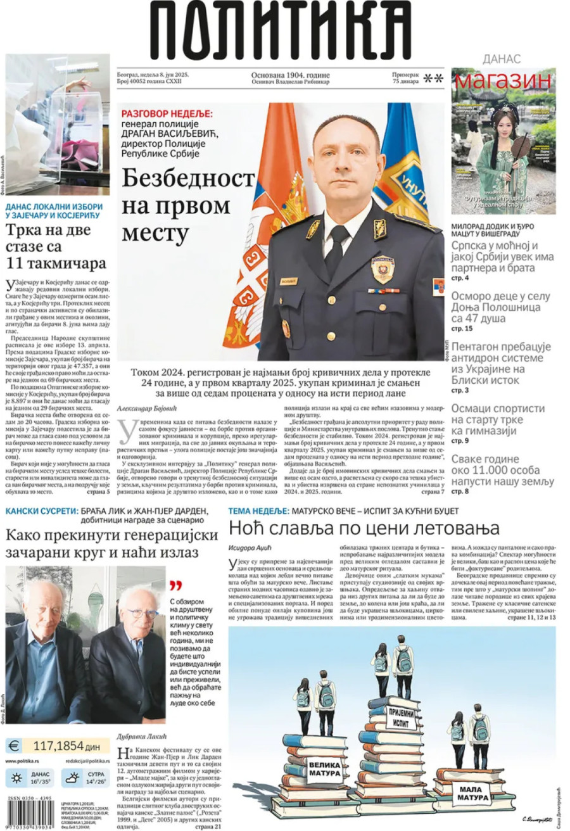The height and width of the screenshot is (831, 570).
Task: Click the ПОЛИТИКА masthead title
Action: (279, 28)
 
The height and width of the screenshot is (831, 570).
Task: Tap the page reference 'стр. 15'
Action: (462, 329)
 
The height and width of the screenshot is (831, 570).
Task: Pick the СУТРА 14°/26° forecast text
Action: (96, 778)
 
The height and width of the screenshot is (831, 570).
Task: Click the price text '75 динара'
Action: (405, 82)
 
